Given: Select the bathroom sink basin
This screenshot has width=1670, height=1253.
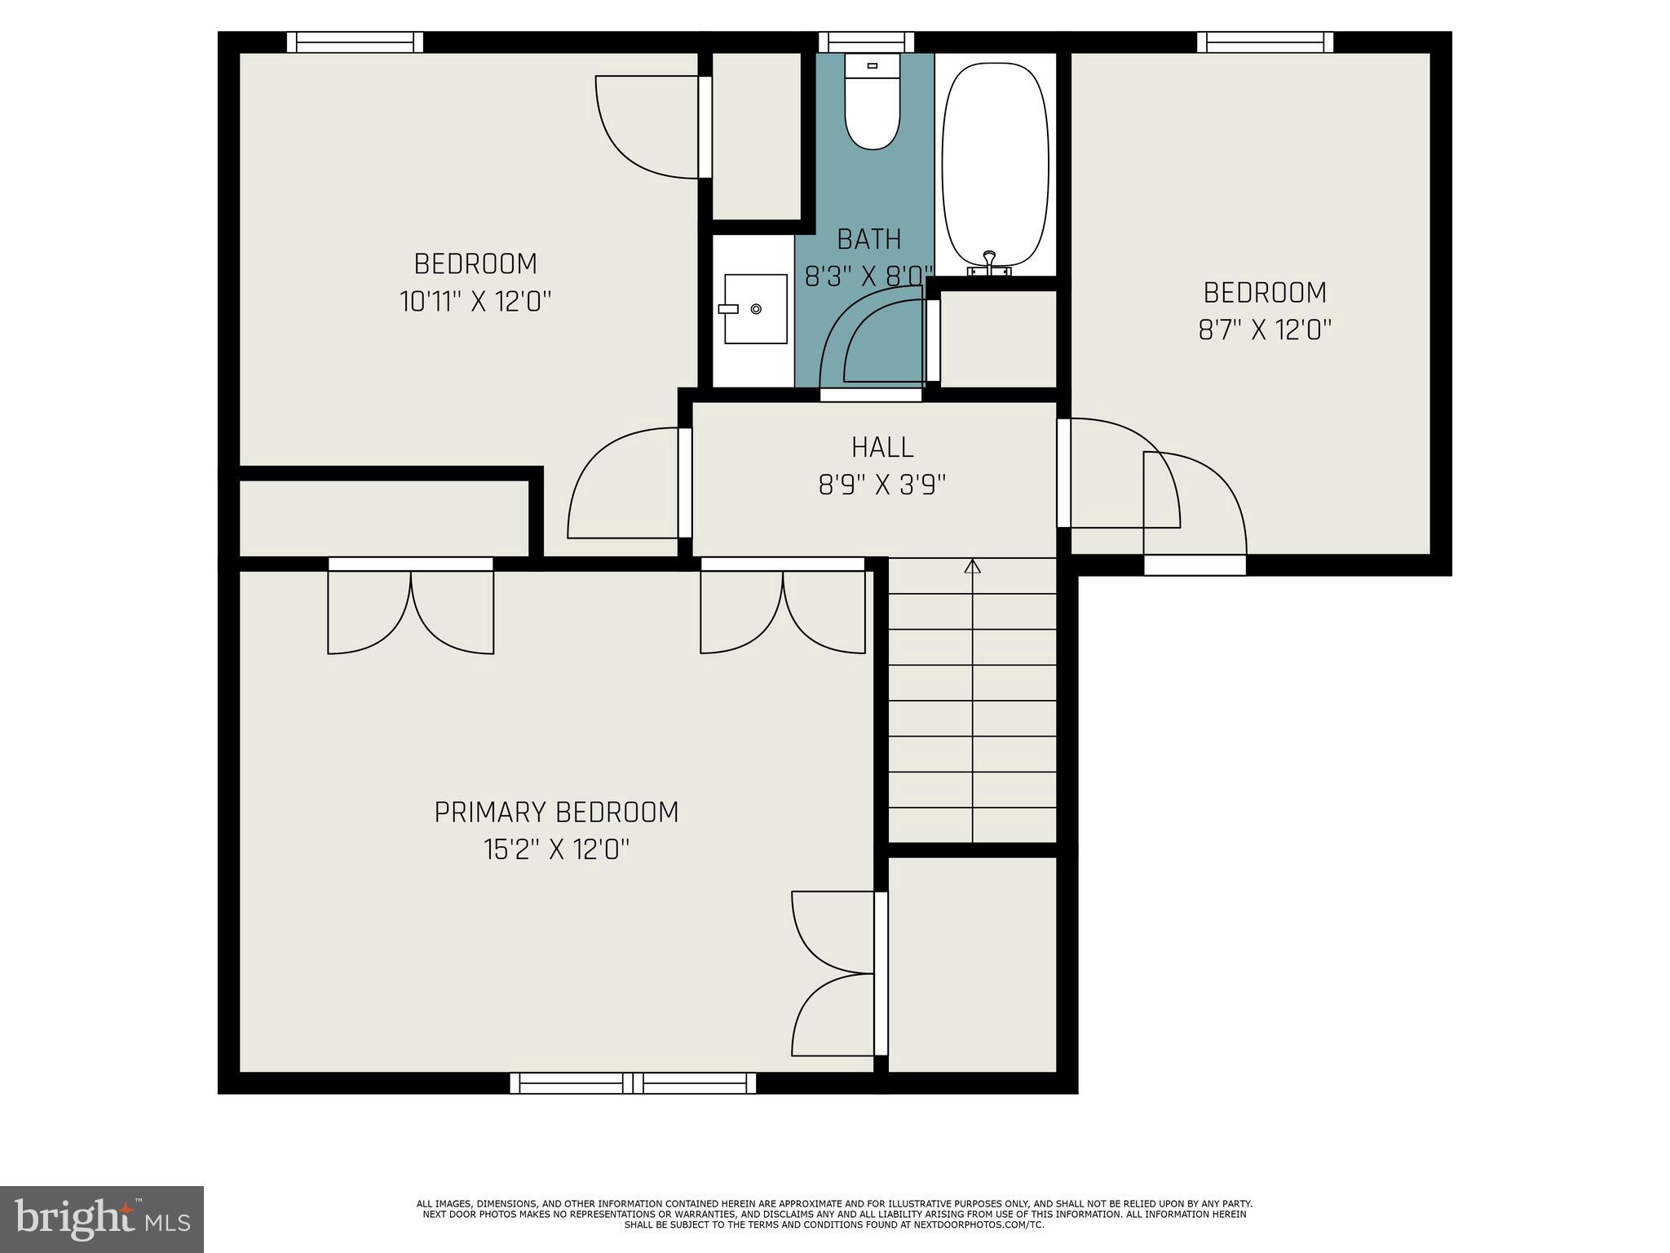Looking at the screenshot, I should (x=755, y=308).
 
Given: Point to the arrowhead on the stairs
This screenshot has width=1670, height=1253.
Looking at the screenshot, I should (x=972, y=566).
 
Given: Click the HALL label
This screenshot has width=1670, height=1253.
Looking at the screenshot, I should (x=882, y=447).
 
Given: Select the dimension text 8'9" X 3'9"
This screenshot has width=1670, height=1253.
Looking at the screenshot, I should (x=882, y=485).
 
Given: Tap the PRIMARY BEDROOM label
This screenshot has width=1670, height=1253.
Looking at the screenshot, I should (x=556, y=812).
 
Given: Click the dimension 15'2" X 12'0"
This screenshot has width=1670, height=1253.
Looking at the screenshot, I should (x=556, y=850).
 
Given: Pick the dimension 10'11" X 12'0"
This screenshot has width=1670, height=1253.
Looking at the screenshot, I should (x=475, y=302).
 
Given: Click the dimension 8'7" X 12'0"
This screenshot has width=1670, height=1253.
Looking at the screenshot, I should (x=1265, y=330).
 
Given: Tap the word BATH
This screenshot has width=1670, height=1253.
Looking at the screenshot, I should (x=869, y=239).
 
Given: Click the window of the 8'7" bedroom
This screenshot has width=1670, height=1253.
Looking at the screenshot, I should (x=1265, y=42).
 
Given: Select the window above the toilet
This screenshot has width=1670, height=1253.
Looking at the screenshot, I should (x=866, y=42).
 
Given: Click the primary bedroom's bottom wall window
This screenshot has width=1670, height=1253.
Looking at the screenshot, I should (x=633, y=1083).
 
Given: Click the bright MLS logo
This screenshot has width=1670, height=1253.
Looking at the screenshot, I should (x=102, y=1219).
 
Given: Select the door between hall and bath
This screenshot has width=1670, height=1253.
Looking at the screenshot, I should (x=870, y=395).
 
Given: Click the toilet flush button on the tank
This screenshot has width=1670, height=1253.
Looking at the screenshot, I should (x=872, y=65).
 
